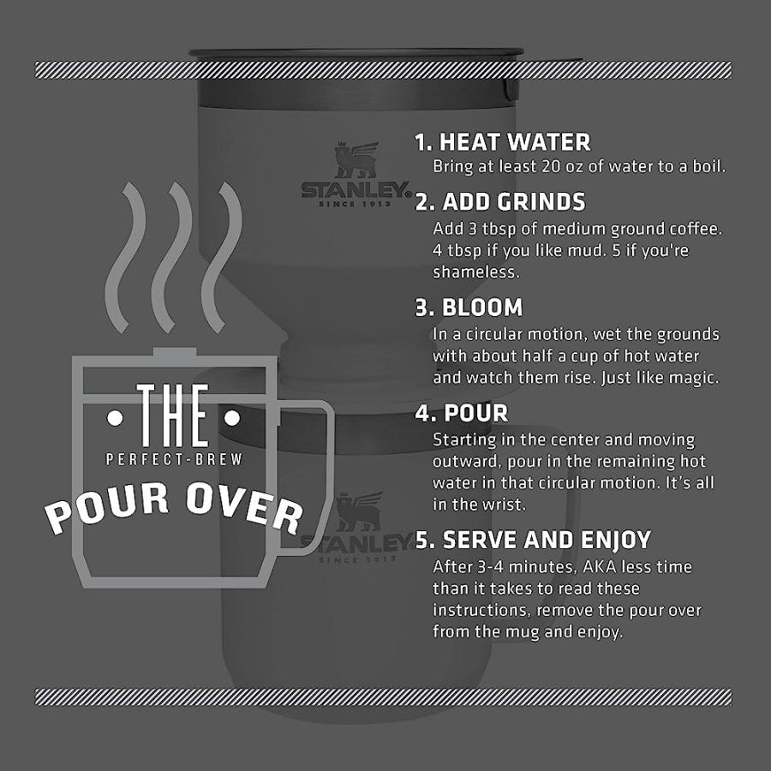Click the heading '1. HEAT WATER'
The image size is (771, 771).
[x=503, y=141]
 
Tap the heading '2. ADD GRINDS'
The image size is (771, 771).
[x=500, y=202]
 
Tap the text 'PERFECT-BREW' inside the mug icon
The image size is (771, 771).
[x=175, y=460]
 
